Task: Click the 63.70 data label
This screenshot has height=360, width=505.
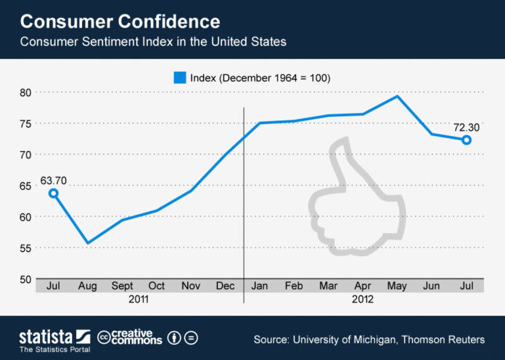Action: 52,179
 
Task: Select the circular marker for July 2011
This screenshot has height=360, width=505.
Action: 53,193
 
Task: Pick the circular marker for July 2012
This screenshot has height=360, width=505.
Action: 467,140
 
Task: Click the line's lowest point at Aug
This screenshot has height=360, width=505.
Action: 87,243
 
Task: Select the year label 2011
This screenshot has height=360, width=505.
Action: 139,298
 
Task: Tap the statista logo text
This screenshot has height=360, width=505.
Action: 45,335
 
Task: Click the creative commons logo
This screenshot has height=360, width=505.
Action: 129,337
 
